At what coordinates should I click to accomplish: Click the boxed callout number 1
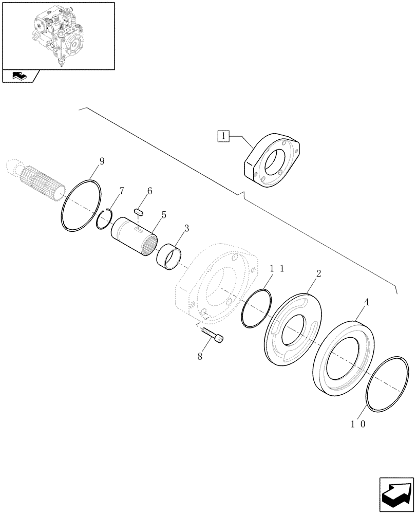(x=223, y=136)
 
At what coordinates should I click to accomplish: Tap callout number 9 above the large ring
(x=102, y=161)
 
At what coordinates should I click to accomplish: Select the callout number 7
(x=122, y=191)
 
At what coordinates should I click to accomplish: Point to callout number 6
(x=149, y=191)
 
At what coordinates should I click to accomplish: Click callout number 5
(x=163, y=215)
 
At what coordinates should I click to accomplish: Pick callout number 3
(x=186, y=228)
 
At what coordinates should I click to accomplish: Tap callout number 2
(x=318, y=273)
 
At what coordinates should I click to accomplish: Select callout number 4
(x=366, y=303)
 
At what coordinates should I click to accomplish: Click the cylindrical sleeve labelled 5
(x=135, y=235)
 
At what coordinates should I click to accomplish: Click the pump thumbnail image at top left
(x=58, y=36)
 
